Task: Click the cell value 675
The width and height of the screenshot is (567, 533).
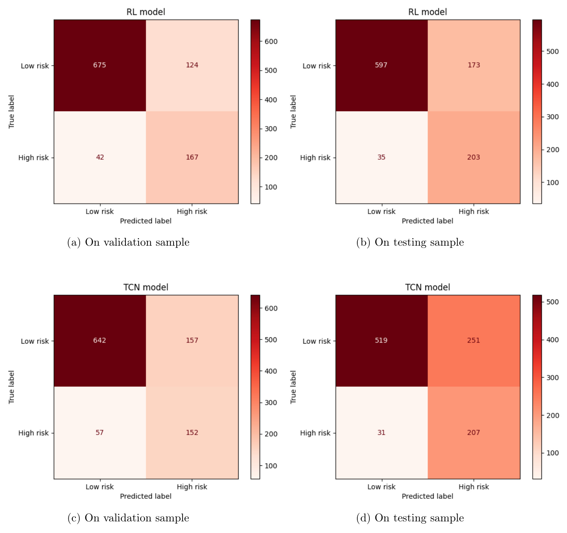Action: [100, 65]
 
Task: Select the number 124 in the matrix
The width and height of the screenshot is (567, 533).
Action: [192, 65]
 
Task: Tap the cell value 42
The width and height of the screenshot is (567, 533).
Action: [100, 157]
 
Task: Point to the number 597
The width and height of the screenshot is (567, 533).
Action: [381, 65]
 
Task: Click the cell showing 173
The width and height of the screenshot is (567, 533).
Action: [473, 65]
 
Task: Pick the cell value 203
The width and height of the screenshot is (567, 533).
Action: [473, 157]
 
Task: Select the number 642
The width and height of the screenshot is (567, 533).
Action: [100, 340]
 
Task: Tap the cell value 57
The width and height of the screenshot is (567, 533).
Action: [100, 432]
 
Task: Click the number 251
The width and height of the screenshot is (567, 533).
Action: [473, 340]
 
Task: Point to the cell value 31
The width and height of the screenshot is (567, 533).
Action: [381, 432]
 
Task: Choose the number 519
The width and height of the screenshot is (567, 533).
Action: [381, 340]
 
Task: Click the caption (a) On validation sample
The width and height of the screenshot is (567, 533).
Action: [128, 242]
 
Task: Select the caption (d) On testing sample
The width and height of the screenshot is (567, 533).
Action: [410, 518]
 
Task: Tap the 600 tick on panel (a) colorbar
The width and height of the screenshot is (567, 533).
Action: [271, 42]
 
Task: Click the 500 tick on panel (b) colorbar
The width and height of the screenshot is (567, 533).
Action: [552, 51]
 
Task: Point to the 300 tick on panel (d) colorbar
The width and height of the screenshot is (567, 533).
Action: [552, 377]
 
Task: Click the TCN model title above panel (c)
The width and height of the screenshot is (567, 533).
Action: [146, 287]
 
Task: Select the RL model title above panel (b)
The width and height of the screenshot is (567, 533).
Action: [428, 12]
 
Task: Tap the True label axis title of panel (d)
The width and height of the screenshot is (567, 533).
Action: [293, 387]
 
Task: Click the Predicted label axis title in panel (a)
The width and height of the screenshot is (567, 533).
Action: [146, 221]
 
